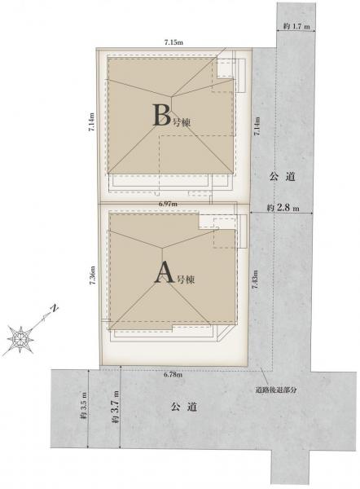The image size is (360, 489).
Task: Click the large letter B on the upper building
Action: [162, 115]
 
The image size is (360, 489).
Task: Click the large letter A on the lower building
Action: [164, 272]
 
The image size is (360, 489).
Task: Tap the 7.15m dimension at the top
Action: [173, 42]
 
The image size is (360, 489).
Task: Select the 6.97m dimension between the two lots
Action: [168, 204]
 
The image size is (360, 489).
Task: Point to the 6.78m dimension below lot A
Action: [173, 375]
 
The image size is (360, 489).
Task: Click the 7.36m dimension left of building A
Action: [92, 275]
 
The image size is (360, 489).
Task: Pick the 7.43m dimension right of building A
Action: [256, 280]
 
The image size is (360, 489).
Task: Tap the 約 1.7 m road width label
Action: [296, 27]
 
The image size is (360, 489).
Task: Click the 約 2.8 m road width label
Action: [283, 208]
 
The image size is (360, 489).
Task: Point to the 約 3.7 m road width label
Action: [116, 407]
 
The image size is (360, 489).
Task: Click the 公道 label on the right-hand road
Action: [282, 177]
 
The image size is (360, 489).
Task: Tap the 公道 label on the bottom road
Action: [183, 407]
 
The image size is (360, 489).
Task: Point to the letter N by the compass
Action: [55, 308]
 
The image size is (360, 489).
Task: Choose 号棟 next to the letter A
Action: [186, 280]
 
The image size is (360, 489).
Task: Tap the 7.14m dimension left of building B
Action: [91, 122]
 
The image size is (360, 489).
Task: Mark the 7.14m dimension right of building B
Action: [257, 126]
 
